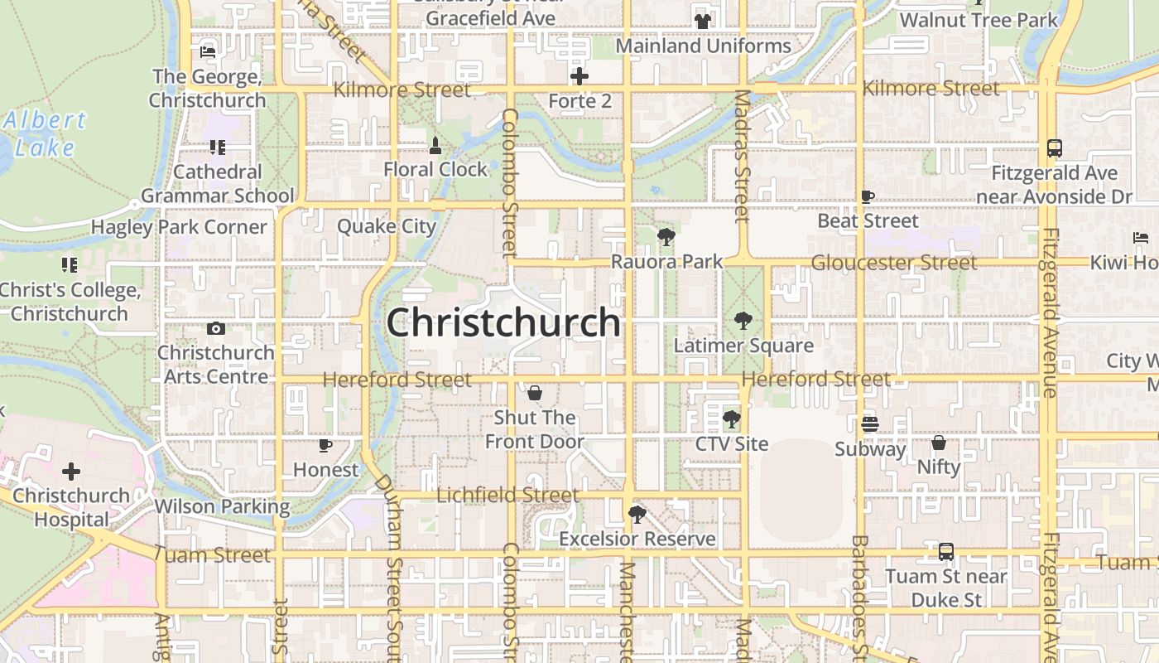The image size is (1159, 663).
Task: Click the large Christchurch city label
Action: [x=503, y=322]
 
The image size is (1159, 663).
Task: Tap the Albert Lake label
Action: [x=45, y=134]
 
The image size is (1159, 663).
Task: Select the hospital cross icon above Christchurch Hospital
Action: [x=71, y=472]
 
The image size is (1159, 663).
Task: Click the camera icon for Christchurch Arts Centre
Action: [x=216, y=328]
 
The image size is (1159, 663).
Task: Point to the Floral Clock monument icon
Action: [x=435, y=146]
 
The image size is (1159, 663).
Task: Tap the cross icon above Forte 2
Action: [x=579, y=77]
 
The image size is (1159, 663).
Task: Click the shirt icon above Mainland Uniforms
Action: [x=703, y=22]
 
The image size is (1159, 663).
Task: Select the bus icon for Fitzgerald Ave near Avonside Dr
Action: [x=1054, y=148]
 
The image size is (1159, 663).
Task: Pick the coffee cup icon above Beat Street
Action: [x=868, y=196]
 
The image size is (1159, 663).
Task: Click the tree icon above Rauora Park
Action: [x=666, y=237]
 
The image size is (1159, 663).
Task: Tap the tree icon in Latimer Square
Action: [x=743, y=321]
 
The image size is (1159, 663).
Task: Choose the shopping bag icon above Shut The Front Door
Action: [x=534, y=392]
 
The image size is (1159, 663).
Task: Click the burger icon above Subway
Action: [x=869, y=424]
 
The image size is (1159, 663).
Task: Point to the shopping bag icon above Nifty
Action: [x=939, y=443]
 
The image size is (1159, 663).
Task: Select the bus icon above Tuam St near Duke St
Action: [x=945, y=551]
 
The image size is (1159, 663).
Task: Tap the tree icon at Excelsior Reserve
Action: [x=637, y=515]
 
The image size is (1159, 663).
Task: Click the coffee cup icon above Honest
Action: [x=325, y=445]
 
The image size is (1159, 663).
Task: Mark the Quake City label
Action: [x=386, y=226]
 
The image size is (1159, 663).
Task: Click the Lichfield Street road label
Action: [x=507, y=496]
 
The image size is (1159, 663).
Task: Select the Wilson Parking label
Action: [x=222, y=506]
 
